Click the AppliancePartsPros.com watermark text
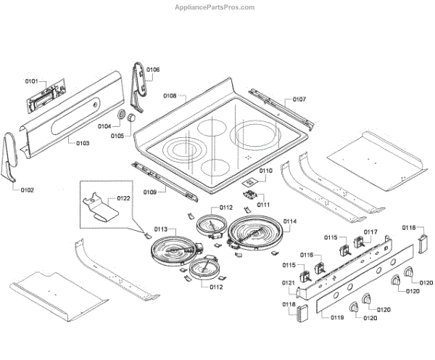[216, 7]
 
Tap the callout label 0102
[27, 190]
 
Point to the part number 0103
[82, 143]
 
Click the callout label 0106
[152, 70]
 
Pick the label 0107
[299, 99]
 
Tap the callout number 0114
[290, 221]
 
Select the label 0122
[123, 198]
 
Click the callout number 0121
[288, 283]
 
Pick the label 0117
[370, 232]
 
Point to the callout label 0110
[265, 171]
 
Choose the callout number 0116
[307, 255]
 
